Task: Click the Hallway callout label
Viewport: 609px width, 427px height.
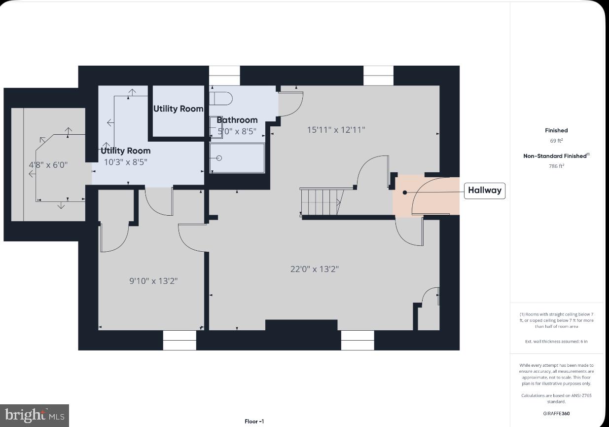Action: (484, 191)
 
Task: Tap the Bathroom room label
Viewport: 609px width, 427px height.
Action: (237, 120)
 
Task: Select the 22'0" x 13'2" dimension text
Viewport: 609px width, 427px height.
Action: (314, 269)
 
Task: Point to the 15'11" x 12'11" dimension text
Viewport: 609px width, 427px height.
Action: (336, 130)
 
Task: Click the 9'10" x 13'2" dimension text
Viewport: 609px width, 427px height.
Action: (153, 281)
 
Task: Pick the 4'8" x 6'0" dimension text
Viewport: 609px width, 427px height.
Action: (48, 164)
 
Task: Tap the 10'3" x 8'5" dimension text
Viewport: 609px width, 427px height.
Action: (125, 161)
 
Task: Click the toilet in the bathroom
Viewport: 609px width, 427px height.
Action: (220, 98)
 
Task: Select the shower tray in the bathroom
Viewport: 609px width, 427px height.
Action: (237, 158)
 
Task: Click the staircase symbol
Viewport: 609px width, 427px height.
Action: (321, 202)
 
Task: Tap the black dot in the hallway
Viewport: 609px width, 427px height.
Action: (405, 192)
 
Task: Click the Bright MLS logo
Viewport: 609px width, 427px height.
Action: (35, 415)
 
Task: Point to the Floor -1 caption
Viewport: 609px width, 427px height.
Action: (254, 422)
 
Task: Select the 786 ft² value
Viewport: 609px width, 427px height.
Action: (556, 166)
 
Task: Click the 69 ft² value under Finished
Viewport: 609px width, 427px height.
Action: (556, 141)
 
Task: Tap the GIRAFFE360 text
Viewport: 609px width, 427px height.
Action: (556, 414)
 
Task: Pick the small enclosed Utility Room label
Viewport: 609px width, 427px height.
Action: (178, 109)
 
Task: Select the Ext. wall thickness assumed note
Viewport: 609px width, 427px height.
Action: (556, 342)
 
